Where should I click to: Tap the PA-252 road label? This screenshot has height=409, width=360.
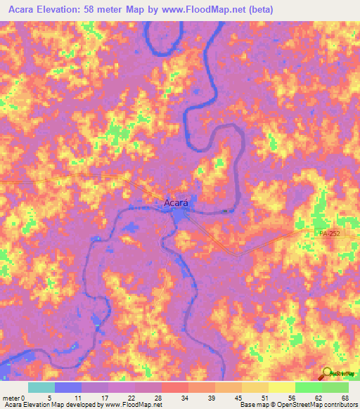pyautogui.click(x=328, y=233)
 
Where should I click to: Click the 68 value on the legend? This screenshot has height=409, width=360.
pyautogui.click(x=345, y=398)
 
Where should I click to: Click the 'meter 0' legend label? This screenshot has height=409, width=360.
pyautogui.click(x=13, y=398)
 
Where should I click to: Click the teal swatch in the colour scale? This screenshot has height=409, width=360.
pyautogui.click(x=41, y=387)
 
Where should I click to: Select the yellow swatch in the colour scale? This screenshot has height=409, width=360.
pyautogui.click(x=281, y=387)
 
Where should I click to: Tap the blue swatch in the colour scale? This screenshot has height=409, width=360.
pyautogui.click(x=68, y=387)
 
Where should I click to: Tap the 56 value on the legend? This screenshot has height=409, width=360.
pyautogui.click(x=291, y=398)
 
